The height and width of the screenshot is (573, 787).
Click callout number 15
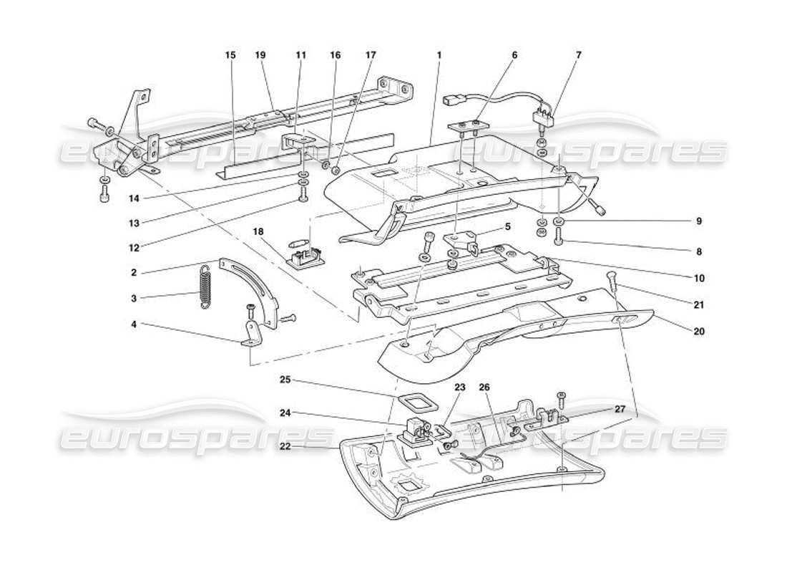(230, 54)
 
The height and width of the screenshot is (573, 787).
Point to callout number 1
(439, 54)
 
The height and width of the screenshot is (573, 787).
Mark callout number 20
(699, 331)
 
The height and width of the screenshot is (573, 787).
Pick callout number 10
(699, 277)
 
